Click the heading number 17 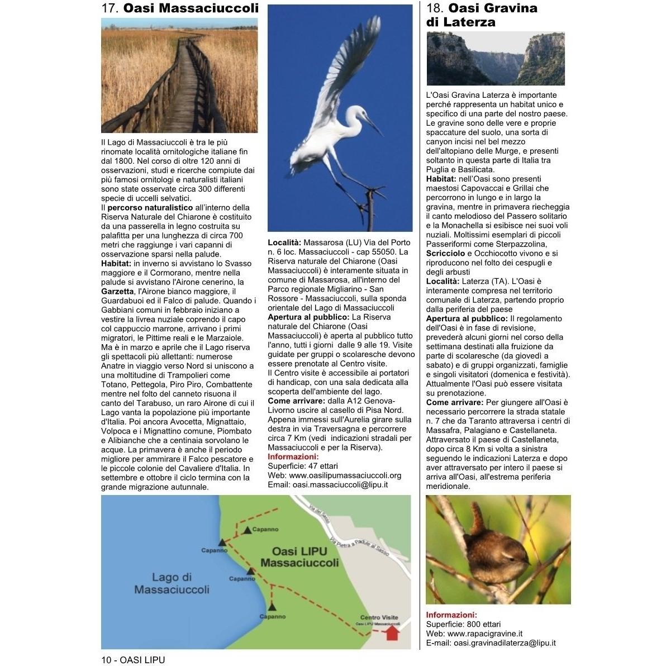[x=110, y=8]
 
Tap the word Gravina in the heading [x=511, y=8]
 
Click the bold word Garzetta [x=117, y=291]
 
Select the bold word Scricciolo [x=445, y=253]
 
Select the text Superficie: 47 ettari [x=303, y=466]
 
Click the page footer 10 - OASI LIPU [x=133, y=660]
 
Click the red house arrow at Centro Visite [x=392, y=633]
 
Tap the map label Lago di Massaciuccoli [x=172, y=583]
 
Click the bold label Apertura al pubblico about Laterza [x=463, y=318]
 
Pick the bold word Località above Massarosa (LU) [x=284, y=242]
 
